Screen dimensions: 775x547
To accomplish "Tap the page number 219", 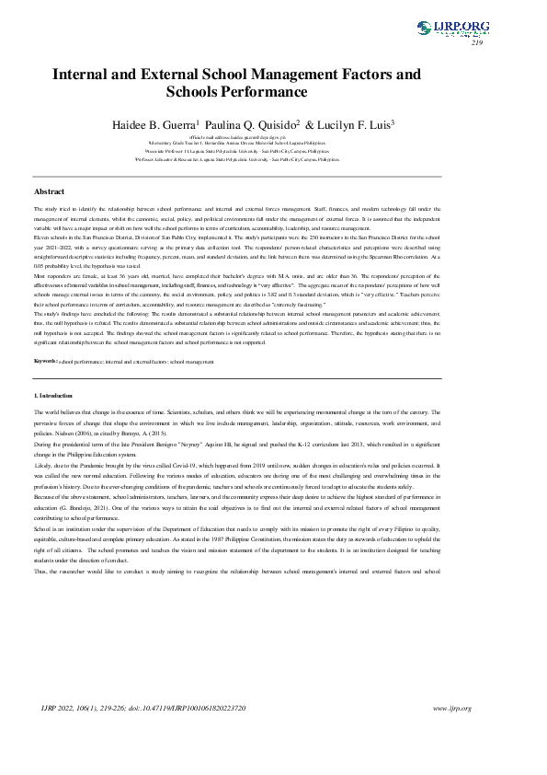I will pos(477,43).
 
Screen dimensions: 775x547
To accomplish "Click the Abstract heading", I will pos(49,191).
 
